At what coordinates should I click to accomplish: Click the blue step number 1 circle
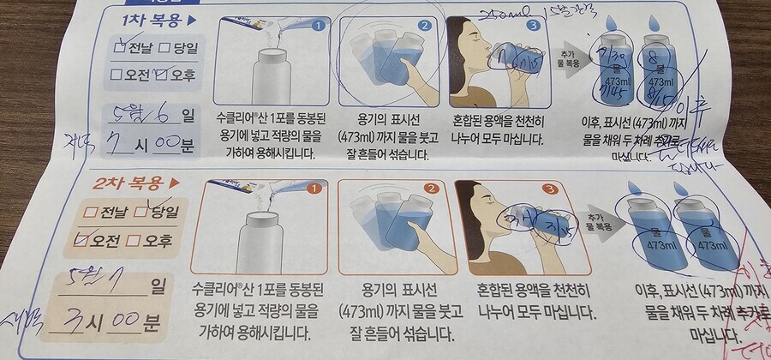point(318,25)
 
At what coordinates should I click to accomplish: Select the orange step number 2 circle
point(432,189)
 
